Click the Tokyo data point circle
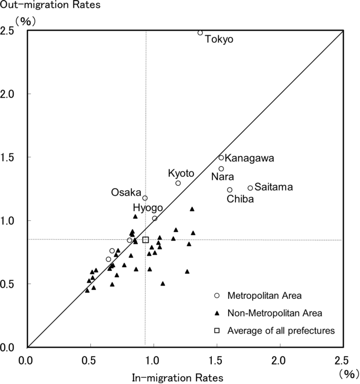click(x=200, y=33)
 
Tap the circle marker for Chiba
click(x=230, y=190)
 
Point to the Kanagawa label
click(x=249, y=158)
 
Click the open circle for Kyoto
click(x=178, y=183)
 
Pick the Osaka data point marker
click(x=145, y=198)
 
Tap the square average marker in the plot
click(x=146, y=240)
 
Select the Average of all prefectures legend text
click(x=281, y=330)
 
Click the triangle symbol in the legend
click(x=216, y=313)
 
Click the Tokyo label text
click(x=219, y=39)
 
